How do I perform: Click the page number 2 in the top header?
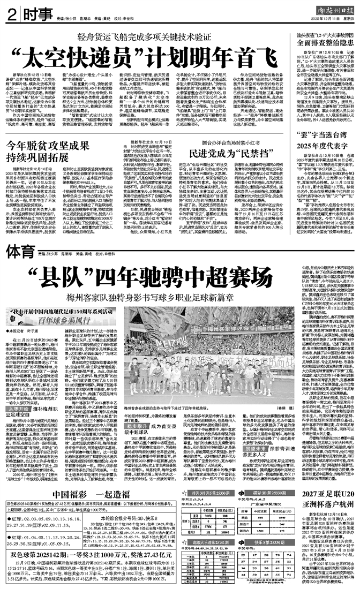[x=10, y=14]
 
